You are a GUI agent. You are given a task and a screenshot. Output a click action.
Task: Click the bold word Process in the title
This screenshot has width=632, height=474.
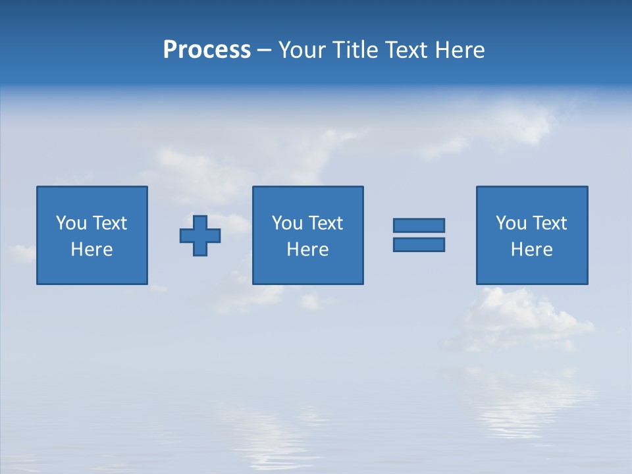click(x=207, y=50)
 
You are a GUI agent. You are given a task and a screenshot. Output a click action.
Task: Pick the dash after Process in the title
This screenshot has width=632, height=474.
click(x=264, y=51)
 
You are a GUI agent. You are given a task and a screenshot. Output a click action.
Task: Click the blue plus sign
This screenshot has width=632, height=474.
click(x=200, y=236)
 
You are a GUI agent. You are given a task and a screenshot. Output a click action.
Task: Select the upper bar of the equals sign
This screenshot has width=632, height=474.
click(x=419, y=226)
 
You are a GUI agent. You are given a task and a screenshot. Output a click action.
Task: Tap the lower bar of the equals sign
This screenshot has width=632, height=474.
click(x=419, y=244)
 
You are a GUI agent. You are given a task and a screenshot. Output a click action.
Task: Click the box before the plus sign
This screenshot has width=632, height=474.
click(x=92, y=197)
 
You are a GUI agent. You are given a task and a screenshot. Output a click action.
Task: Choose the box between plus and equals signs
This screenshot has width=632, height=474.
click(x=307, y=197)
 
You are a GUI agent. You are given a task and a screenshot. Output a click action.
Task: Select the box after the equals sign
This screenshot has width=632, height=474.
click(x=532, y=197)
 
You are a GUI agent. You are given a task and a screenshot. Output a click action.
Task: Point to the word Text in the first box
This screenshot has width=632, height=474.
click(x=109, y=223)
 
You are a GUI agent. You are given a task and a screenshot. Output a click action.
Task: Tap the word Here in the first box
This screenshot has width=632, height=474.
click(x=92, y=250)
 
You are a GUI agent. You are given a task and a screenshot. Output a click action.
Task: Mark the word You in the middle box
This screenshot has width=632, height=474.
click(x=287, y=223)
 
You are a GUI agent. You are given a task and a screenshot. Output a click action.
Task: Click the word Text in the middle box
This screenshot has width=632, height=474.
click(x=325, y=223)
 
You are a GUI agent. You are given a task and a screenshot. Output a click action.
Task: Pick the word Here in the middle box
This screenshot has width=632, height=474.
click(x=307, y=250)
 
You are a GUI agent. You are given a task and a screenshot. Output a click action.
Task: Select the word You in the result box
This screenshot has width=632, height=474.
click(x=512, y=223)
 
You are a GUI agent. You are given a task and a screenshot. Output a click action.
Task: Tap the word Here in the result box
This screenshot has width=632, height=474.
click(x=532, y=250)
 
